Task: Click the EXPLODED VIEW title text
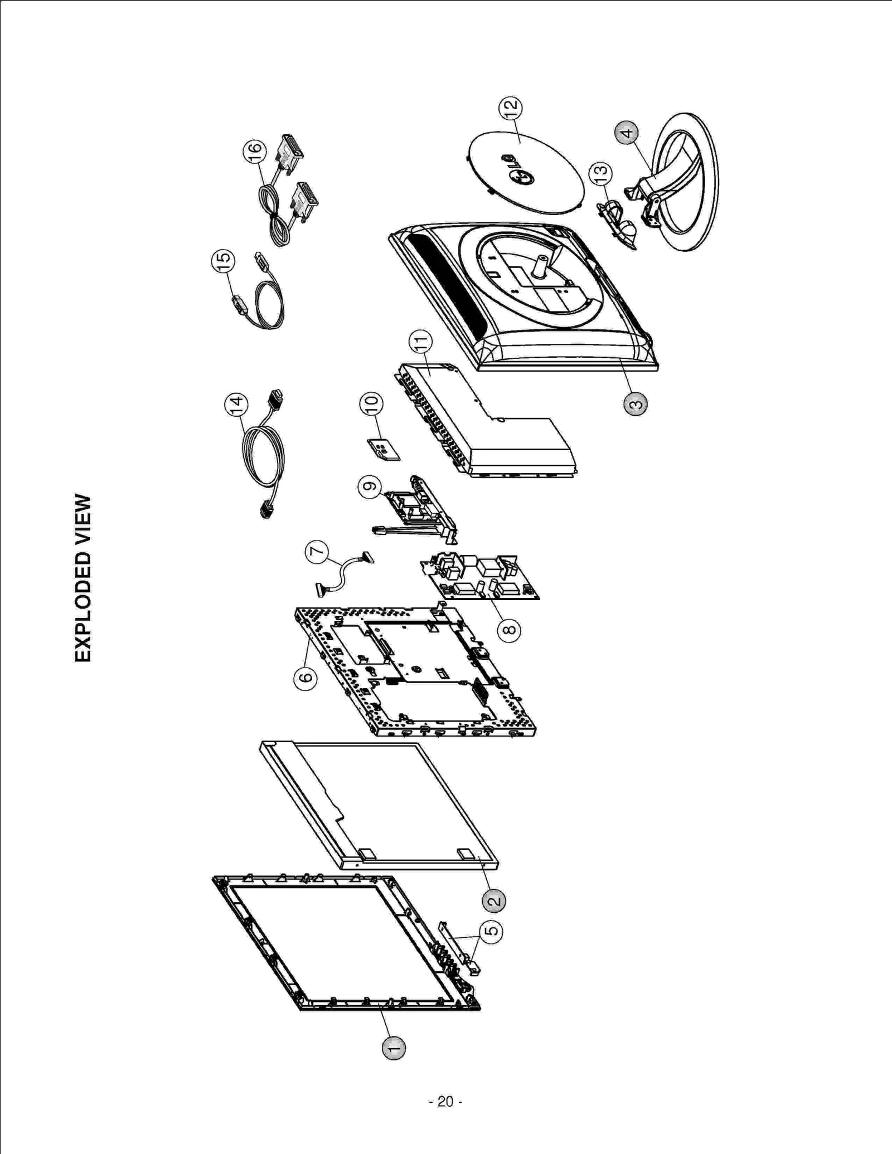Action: coord(83,578)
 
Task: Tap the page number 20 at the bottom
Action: coord(445,1101)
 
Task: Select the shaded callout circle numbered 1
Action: coord(394,1048)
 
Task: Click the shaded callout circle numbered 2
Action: coord(494,900)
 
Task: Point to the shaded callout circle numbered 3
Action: coord(636,403)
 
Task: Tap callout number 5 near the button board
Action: coord(491,931)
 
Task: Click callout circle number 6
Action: coord(306,678)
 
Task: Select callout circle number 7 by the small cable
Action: coord(317,552)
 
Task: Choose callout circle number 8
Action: coord(509,630)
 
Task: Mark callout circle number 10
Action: coord(371,403)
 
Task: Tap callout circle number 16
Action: coord(254,150)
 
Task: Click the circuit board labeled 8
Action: coord(479,577)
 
